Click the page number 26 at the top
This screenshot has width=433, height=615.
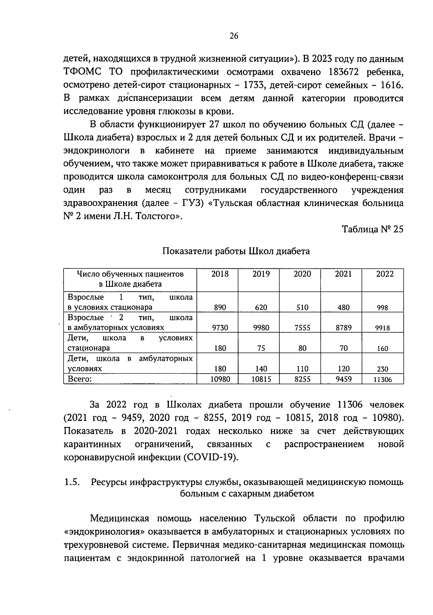point(233,36)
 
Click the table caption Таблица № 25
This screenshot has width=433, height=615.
point(372,229)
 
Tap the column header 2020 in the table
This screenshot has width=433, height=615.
point(302,274)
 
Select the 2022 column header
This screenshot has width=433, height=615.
point(385,274)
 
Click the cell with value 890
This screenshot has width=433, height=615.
point(220,307)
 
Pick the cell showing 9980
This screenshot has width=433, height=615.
point(261,328)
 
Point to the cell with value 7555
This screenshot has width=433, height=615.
point(302,328)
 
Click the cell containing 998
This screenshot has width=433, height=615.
point(382,308)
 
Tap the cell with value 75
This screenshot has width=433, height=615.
point(261,348)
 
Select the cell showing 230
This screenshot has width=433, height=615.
point(382,369)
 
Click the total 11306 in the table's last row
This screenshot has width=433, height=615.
point(382,379)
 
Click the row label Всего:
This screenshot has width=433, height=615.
point(80,379)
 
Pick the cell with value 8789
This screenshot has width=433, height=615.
point(343,328)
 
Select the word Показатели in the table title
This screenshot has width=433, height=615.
point(185,251)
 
